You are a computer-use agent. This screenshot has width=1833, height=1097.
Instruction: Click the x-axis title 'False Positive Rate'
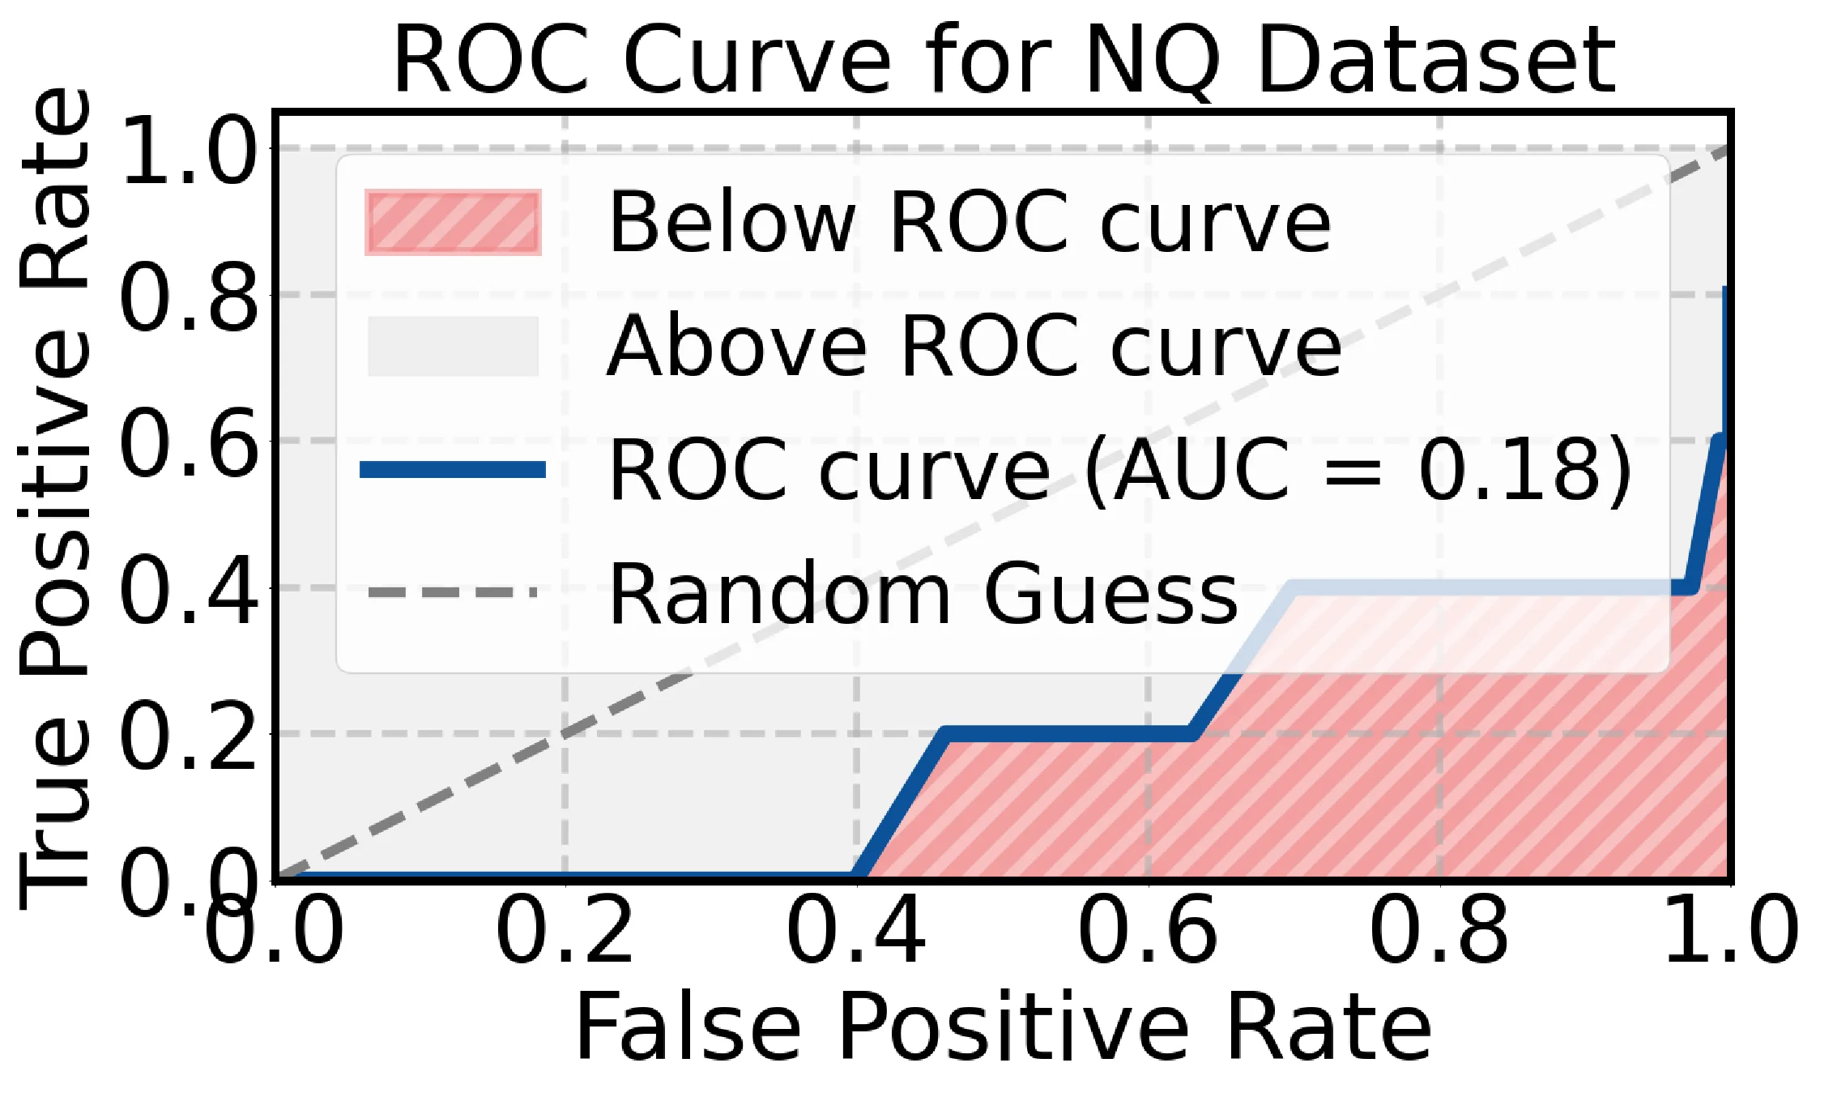[x=1004, y=1027]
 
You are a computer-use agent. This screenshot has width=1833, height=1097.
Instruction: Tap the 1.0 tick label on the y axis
[x=190, y=149]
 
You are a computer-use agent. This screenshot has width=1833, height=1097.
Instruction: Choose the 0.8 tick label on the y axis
[x=190, y=297]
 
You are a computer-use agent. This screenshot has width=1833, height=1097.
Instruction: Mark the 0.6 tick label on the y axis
[x=190, y=442]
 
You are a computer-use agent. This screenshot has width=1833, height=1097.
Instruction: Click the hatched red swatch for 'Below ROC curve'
[x=453, y=222]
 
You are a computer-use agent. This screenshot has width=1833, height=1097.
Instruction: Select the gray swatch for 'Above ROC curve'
[x=453, y=346]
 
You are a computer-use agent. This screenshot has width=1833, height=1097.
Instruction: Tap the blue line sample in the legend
[x=453, y=469]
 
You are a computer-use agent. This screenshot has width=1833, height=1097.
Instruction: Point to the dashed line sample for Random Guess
[x=453, y=593]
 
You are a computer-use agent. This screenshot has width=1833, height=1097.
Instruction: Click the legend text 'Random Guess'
[x=923, y=595]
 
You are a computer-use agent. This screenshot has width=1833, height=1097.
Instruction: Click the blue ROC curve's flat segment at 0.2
[x=1069, y=734]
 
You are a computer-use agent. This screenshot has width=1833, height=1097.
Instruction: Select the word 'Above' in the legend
[x=736, y=347]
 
